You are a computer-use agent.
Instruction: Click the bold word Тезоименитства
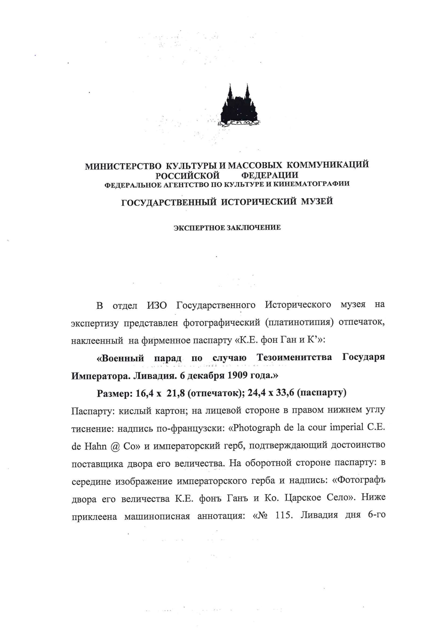tap(294, 358)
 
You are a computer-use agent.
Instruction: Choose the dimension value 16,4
tap(145, 393)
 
